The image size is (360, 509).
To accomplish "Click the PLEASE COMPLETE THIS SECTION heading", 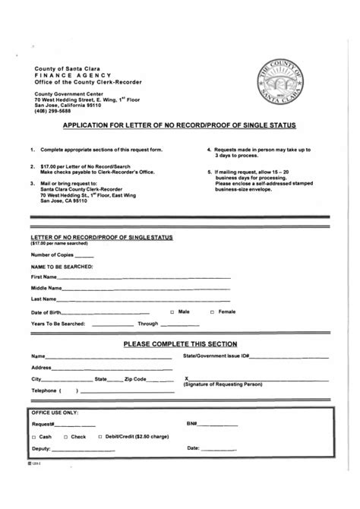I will coord(179,344).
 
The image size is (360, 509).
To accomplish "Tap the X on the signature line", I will coord(187,378).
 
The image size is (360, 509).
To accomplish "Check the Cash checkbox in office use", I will coord(34,437).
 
